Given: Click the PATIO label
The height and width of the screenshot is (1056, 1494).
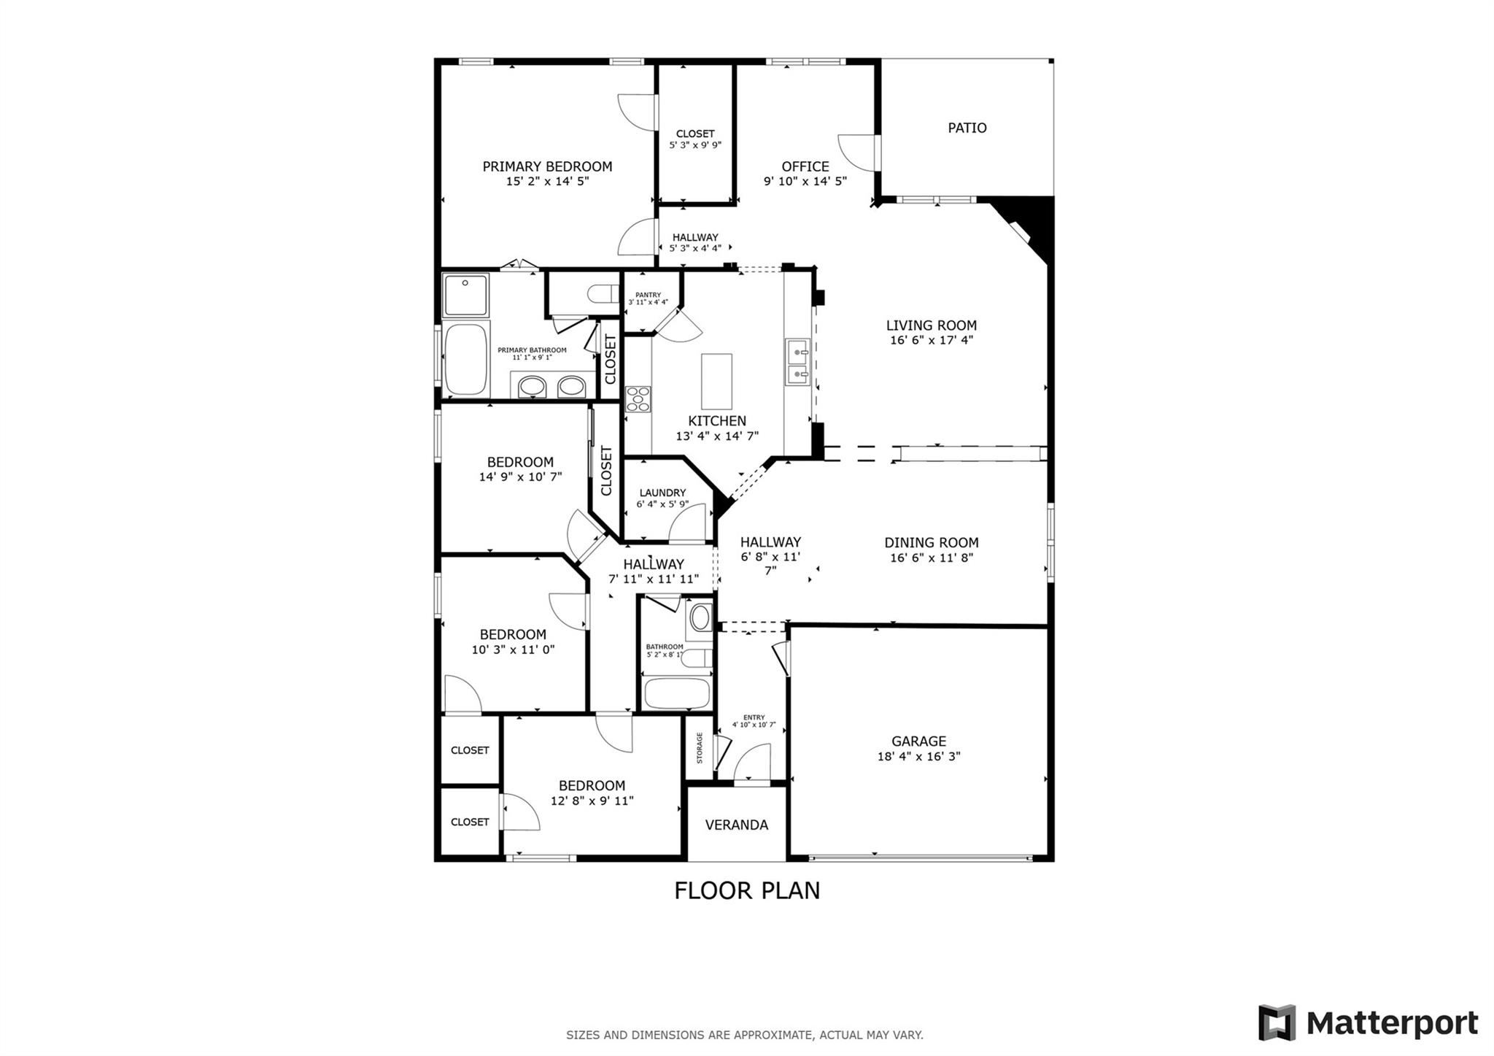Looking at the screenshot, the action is [x=967, y=128].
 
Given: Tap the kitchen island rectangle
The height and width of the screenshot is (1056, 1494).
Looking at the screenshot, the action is [x=716, y=382].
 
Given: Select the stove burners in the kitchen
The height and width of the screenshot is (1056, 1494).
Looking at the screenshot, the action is [x=638, y=399].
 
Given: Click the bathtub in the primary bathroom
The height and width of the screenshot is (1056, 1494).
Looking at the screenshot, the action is [x=466, y=359].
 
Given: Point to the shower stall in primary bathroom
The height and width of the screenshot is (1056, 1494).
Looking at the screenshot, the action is [x=466, y=296].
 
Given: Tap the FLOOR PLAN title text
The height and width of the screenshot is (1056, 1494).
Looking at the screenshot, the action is [x=747, y=890].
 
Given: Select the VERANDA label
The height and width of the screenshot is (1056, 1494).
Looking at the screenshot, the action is [x=736, y=825].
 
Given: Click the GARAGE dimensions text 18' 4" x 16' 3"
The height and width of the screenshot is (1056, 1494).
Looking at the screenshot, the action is [x=918, y=757].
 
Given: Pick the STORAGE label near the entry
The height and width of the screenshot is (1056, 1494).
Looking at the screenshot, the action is [x=700, y=748].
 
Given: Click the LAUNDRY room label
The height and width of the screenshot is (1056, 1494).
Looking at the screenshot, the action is [x=662, y=493].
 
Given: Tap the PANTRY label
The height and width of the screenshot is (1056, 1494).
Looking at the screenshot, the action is [x=648, y=295].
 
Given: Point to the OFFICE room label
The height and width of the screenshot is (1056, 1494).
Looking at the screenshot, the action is [x=805, y=166].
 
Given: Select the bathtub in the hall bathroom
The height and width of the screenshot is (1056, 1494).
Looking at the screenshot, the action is [x=677, y=693].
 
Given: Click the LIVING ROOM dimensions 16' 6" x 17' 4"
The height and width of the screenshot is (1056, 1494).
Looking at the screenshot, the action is [x=932, y=340].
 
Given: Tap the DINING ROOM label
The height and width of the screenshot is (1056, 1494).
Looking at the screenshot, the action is [x=932, y=542].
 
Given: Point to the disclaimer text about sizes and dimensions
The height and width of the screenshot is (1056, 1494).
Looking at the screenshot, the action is [x=745, y=1035].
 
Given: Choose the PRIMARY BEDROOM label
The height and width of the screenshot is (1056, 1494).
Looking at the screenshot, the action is [x=547, y=166].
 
